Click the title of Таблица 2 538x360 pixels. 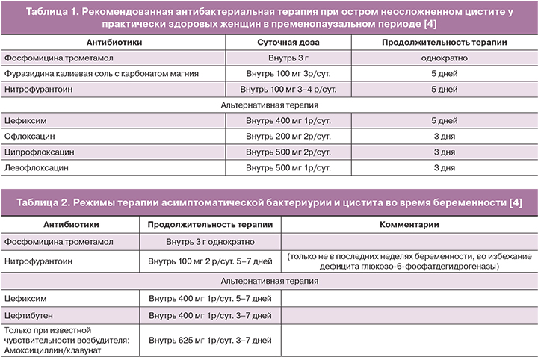[268, 203]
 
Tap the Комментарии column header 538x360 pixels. [409, 225]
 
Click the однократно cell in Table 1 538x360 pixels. [444, 58]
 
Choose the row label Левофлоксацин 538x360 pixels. [36, 168]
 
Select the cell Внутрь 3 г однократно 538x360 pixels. [210, 242]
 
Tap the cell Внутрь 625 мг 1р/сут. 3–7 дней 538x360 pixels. [210, 341]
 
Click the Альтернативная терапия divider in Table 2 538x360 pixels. [268, 281]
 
